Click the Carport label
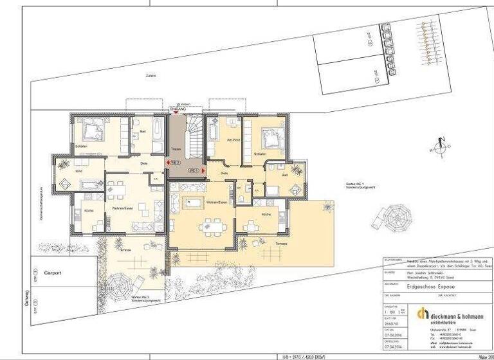tap(52, 273)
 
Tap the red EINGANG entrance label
tap(177, 110)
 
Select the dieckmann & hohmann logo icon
tap(423, 313)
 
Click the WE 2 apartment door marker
tap(174, 163)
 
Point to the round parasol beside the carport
tap(120, 282)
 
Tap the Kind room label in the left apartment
tap(78, 172)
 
